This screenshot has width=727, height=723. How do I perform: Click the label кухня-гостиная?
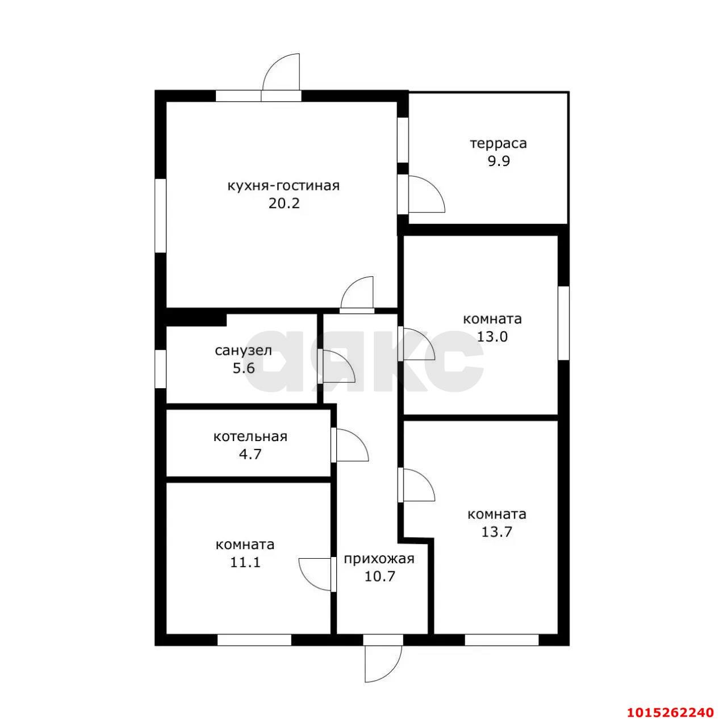[x=283, y=186]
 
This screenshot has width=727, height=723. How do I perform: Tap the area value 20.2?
[x=284, y=204]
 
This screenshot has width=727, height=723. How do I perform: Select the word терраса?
[x=498, y=144]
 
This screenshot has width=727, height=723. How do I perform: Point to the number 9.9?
[x=499, y=161]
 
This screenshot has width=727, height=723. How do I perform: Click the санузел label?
[x=243, y=351]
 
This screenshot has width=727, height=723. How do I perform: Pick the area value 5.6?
[x=244, y=368]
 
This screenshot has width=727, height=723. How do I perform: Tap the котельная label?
[x=250, y=437]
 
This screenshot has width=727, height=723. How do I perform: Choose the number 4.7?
[x=250, y=454]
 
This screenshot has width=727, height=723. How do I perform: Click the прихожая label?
[x=379, y=559]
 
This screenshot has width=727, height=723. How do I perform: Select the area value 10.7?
[x=379, y=576]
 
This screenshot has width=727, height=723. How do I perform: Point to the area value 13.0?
[x=492, y=336]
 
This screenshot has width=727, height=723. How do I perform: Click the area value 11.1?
[x=245, y=563]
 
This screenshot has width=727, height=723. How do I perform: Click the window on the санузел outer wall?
[x=161, y=369]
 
